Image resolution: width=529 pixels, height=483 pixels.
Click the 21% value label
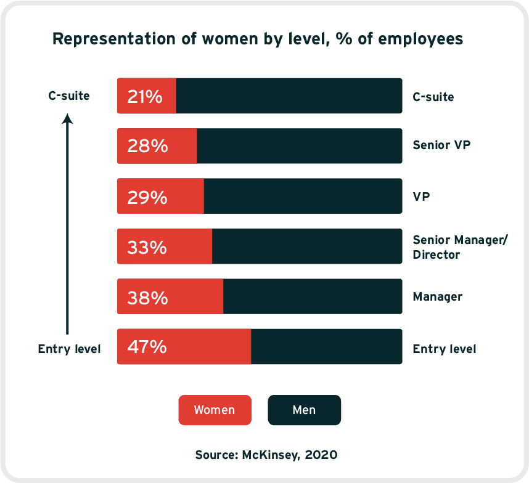(x=145, y=97)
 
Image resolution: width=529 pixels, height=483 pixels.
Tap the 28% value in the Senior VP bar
(x=147, y=146)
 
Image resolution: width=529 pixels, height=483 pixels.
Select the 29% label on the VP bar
(x=147, y=198)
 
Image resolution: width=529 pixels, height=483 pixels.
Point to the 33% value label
(x=147, y=248)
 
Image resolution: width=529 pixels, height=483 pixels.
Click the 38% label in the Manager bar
(x=147, y=298)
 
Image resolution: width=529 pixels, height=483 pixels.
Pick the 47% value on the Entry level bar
(x=147, y=347)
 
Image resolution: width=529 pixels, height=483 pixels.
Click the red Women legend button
(x=215, y=410)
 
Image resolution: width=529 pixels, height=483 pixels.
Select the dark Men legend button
(x=305, y=410)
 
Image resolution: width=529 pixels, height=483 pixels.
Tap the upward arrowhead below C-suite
(x=67, y=119)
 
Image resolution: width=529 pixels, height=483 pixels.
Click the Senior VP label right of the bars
(x=441, y=145)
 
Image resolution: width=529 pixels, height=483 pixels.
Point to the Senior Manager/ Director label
(x=460, y=247)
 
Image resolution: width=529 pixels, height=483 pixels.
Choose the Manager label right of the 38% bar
(x=438, y=296)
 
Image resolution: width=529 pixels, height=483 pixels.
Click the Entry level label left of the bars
(x=69, y=349)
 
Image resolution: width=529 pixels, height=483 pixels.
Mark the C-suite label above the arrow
(x=69, y=95)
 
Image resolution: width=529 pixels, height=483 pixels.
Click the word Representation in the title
(x=114, y=39)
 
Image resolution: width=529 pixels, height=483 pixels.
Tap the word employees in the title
(x=420, y=39)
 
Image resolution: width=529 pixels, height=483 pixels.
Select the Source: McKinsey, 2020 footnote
(x=266, y=455)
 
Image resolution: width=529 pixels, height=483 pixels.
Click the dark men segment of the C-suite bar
(x=289, y=95)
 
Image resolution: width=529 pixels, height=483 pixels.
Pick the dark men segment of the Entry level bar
(x=327, y=346)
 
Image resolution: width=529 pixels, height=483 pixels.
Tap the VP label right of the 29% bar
(x=421, y=197)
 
